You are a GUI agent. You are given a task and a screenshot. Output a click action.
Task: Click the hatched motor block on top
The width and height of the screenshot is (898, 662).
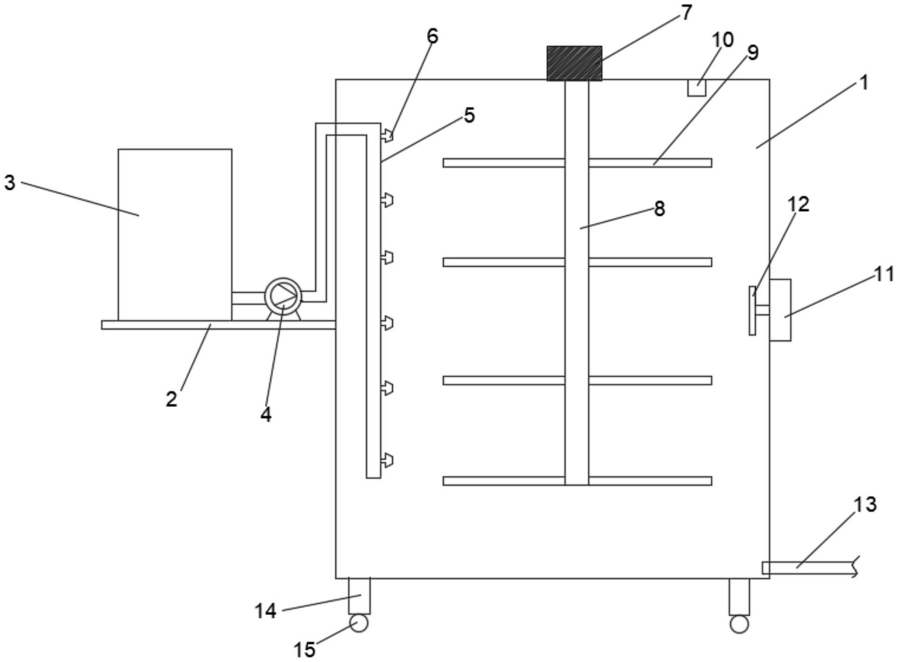tap(574, 63)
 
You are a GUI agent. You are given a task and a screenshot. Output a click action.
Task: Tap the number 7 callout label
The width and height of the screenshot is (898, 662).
tap(686, 13)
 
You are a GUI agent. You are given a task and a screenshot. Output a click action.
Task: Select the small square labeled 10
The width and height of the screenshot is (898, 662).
tap(696, 88)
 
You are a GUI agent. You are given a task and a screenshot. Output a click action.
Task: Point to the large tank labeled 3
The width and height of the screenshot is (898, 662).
tap(175, 235)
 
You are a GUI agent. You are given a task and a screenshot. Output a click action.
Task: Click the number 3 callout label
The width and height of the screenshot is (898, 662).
tap(10, 183)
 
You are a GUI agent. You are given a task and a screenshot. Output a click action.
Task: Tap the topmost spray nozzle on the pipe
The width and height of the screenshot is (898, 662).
tap(387, 135)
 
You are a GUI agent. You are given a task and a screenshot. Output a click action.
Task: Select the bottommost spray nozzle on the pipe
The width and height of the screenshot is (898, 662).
tap(387, 460)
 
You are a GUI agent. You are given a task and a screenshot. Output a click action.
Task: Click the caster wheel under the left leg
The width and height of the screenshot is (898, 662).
tap(359, 623)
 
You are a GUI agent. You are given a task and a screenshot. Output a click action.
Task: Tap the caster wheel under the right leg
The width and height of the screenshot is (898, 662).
tap(739, 624)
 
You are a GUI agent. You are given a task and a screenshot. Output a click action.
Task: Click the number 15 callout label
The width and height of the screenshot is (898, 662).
tap(304, 650)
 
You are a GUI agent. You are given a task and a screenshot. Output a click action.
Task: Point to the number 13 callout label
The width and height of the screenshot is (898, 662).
tap(865, 504)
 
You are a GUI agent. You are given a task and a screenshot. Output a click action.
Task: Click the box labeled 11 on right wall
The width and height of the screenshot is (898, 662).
tap(780, 310)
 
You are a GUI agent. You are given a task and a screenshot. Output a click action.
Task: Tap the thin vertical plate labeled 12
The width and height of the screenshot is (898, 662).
tap(752, 311)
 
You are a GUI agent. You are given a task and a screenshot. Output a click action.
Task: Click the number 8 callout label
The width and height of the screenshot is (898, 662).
tap(659, 209)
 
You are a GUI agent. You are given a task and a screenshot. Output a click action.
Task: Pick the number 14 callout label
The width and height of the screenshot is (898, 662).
tap(266, 611)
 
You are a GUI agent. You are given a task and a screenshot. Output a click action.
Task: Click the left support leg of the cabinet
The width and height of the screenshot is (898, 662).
tap(359, 596)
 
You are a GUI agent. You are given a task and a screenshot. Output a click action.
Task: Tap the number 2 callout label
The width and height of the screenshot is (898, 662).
tap(171, 399)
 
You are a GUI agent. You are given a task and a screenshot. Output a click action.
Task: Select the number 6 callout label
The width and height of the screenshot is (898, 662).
tap(432, 36)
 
